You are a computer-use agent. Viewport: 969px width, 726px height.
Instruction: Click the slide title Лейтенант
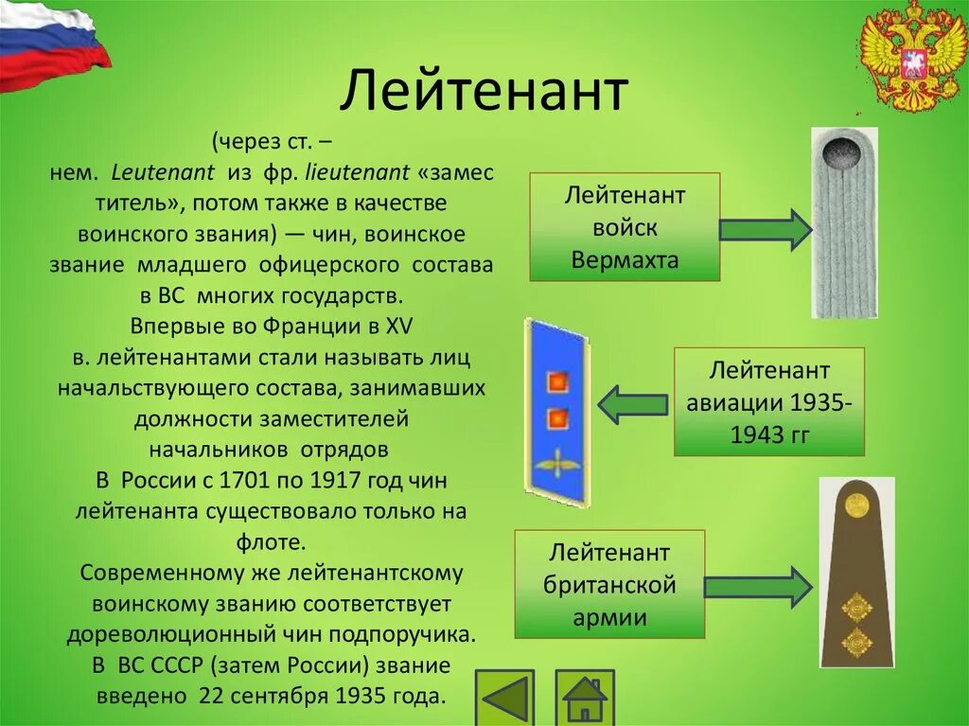tap(484, 93)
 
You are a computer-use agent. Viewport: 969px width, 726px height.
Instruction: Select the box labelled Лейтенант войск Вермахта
tap(625, 227)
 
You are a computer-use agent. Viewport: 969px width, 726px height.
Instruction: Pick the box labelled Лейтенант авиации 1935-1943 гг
tap(769, 402)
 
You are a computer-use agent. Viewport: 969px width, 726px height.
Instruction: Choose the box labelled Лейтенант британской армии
tap(609, 585)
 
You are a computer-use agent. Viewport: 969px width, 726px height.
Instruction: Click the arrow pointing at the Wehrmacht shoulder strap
tap(765, 230)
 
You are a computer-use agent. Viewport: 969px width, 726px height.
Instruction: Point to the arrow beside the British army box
tap(758, 587)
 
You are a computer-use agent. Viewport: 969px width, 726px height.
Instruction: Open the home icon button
tap(584, 699)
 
